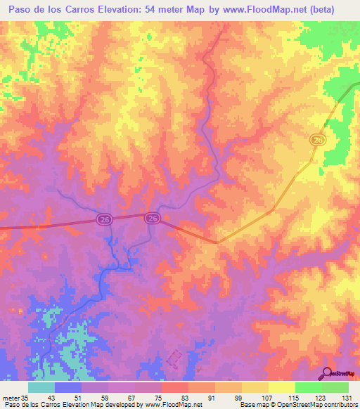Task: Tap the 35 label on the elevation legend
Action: pos(25,398)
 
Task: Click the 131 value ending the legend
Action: pos(346,398)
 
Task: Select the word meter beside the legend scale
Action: pos(11,398)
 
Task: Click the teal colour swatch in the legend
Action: pos(41,388)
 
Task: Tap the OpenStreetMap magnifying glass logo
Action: pos(326,374)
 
